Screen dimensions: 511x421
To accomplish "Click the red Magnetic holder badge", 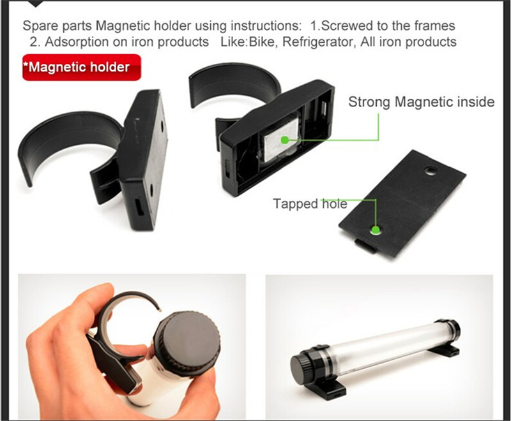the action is (82, 68).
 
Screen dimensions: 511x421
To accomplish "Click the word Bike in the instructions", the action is (261, 42).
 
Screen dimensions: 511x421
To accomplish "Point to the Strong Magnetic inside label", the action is (422, 102).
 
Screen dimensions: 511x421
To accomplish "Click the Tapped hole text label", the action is (310, 204).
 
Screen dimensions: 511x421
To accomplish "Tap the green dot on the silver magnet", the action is (285, 140).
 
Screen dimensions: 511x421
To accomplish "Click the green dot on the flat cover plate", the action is (376, 230).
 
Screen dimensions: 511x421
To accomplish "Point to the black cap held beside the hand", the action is (187, 337).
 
